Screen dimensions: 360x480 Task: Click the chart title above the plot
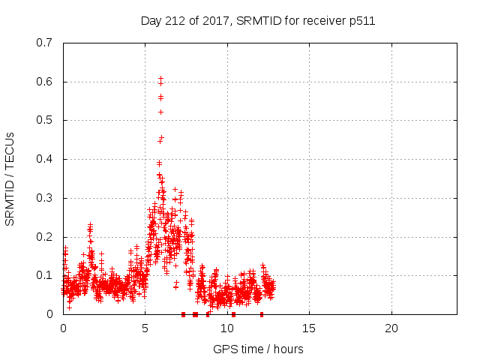pyautogui.click(x=258, y=21)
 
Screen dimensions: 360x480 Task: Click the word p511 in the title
pyautogui.click(x=361, y=21)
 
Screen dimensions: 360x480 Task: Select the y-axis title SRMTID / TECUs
pyautogui.click(x=10, y=178)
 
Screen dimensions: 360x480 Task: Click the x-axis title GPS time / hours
pyautogui.click(x=258, y=349)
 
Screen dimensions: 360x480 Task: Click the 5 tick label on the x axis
pyautogui.click(x=145, y=328)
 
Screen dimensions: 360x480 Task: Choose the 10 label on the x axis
pyautogui.click(x=227, y=328)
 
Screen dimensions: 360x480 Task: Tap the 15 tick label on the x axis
pyautogui.click(x=309, y=328)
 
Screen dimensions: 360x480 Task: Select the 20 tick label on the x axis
pyautogui.click(x=391, y=328)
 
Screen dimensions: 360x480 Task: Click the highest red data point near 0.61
pyautogui.click(x=160, y=78)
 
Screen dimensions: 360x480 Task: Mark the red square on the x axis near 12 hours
pyautogui.click(x=262, y=314)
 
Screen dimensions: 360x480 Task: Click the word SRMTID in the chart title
pyautogui.click(x=261, y=21)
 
